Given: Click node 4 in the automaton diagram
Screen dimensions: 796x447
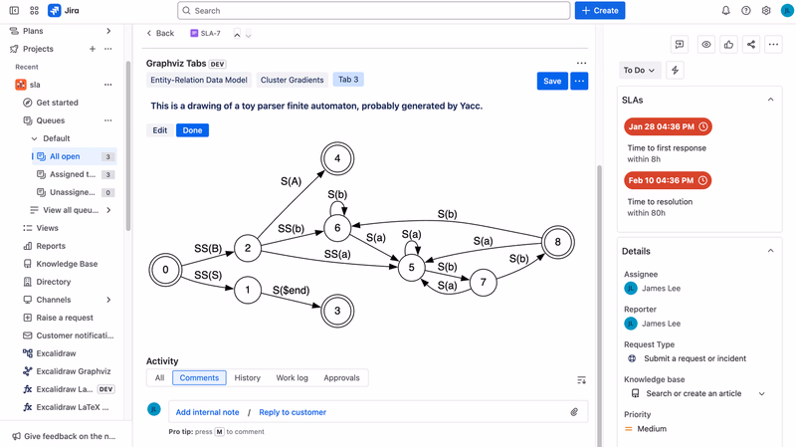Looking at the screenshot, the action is coord(337,158).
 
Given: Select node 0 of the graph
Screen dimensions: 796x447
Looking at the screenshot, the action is coord(165,270).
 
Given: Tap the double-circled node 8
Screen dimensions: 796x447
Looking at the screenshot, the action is coord(558,242).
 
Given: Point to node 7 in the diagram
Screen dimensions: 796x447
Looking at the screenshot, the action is coord(483,283).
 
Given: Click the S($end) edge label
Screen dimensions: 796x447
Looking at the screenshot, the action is coord(291,290).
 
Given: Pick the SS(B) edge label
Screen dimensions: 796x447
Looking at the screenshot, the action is coord(208,249).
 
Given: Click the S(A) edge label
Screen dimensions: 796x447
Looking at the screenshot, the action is coord(291,181).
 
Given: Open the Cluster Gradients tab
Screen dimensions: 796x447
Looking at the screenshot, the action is coord(292,80).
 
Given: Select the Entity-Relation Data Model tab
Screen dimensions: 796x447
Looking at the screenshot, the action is coord(198,80).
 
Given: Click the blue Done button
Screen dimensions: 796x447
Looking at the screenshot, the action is coord(192,130).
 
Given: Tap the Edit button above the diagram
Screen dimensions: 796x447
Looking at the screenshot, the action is coord(160,130).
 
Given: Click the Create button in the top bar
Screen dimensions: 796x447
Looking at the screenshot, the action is coord(600,11).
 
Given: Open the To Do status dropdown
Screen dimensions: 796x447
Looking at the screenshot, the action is coord(639,70).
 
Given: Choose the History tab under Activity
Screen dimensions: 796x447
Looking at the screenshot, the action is coord(247,378).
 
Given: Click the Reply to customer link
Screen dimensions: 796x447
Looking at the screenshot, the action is coord(293,412).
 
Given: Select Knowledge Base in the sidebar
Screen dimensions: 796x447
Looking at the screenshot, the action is coord(67,264).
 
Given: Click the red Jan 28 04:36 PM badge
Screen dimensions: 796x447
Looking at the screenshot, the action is coord(668,126).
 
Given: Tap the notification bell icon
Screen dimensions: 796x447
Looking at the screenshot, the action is coord(726,11).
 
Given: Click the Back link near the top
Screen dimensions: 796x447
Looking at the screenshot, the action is coord(160,33).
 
